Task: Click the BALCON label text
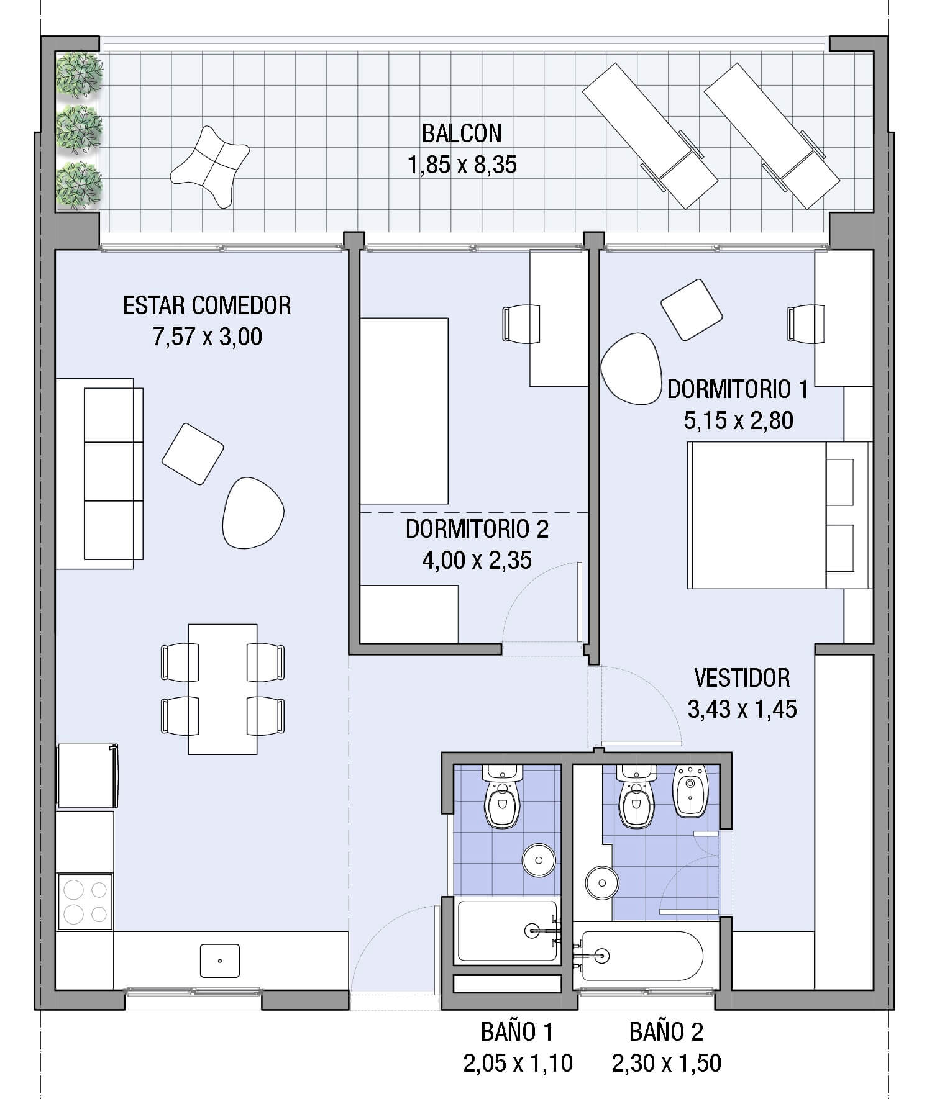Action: point(461,133)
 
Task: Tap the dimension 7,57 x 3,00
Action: point(207,337)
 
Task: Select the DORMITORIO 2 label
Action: point(477,529)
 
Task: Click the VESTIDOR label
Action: point(742,678)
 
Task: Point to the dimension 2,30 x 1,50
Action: point(666,1063)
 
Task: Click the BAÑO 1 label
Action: point(516,1032)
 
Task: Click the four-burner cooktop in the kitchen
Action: point(85,902)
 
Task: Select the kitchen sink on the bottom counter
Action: point(220,961)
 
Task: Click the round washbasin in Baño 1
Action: point(538,860)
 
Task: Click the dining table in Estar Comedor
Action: point(222,689)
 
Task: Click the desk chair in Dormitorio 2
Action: point(520,323)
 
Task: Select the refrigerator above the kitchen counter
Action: point(86,776)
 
